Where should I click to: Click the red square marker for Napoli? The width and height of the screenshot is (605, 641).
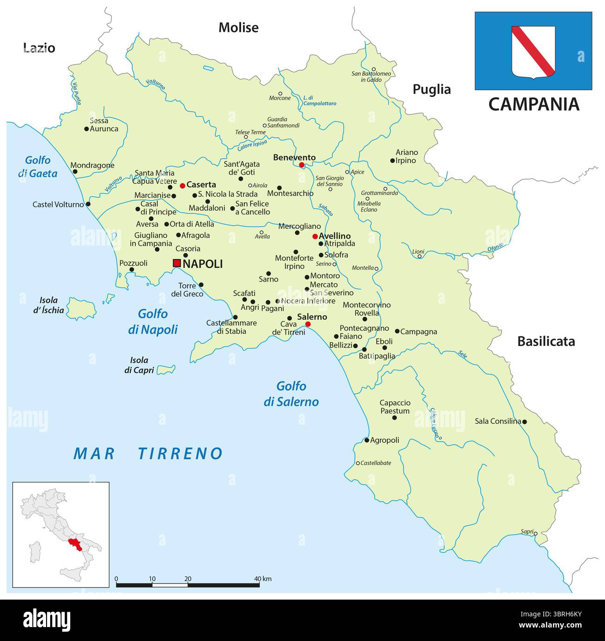point(177,263)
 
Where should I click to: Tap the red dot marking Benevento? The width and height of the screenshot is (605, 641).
point(302,165)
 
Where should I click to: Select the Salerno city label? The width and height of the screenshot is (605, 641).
point(312,317)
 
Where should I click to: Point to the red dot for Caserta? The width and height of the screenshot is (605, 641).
point(182,186)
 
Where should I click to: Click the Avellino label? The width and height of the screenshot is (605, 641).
point(335,236)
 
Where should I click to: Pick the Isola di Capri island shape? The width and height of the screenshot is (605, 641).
point(166,370)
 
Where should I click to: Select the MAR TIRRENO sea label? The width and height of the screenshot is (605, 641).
point(148,454)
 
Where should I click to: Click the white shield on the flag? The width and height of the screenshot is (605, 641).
point(533,52)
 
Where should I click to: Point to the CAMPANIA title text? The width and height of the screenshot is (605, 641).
point(533,104)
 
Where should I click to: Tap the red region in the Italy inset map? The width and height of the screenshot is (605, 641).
point(74,544)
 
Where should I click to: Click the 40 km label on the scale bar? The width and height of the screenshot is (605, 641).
point(263,579)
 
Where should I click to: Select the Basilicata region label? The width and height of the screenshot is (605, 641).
point(546,341)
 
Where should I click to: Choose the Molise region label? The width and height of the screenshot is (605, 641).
point(238,28)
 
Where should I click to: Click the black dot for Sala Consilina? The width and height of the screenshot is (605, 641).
point(524,422)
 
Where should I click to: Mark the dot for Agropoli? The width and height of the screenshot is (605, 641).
point(367,440)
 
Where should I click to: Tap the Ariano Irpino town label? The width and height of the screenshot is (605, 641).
point(406,156)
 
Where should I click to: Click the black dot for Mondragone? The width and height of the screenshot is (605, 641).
point(75,172)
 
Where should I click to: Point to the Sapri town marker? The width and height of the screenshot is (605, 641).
point(535,534)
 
